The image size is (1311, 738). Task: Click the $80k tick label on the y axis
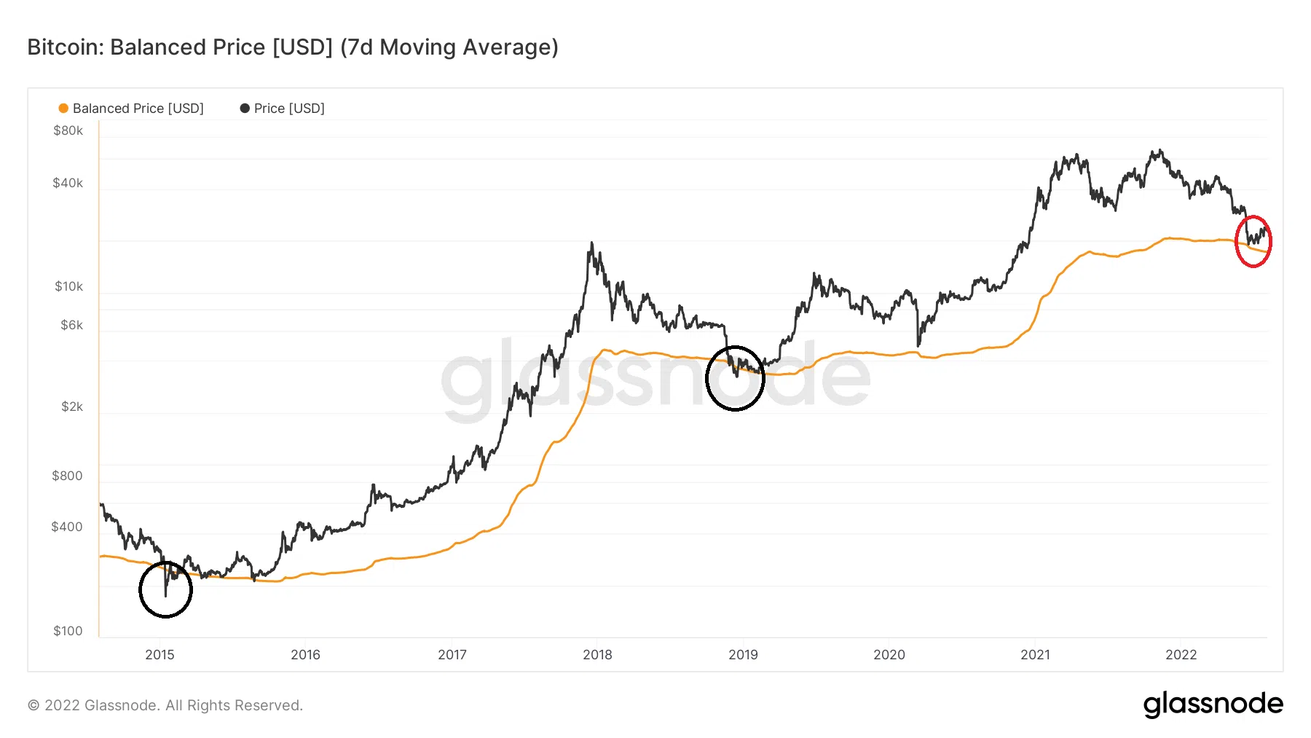pos(68,131)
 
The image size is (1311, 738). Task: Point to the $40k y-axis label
pos(68,183)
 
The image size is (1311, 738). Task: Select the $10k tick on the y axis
pos(68,286)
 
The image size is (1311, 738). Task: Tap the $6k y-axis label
pos(71,325)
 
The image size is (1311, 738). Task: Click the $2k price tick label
pos(71,407)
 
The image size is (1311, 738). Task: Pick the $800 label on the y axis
pos(67,476)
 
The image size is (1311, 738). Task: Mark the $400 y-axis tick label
pos(67,527)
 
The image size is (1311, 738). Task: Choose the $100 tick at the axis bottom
pos(68,631)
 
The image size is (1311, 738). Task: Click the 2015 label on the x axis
pos(160,654)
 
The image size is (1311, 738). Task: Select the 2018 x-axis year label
pos(597,654)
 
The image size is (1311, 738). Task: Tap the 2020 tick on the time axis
pos(889,654)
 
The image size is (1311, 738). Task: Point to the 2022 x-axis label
pos(1181,654)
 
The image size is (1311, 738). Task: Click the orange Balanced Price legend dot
pos(63,109)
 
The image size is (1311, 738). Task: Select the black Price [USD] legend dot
pos(245,109)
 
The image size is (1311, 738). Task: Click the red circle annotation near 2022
pos(1253,241)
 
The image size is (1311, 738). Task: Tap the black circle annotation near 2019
pos(735,378)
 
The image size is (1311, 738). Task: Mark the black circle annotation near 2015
pos(165,589)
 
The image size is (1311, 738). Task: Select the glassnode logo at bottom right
pos(1213,704)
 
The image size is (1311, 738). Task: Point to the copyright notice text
pos(165,705)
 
